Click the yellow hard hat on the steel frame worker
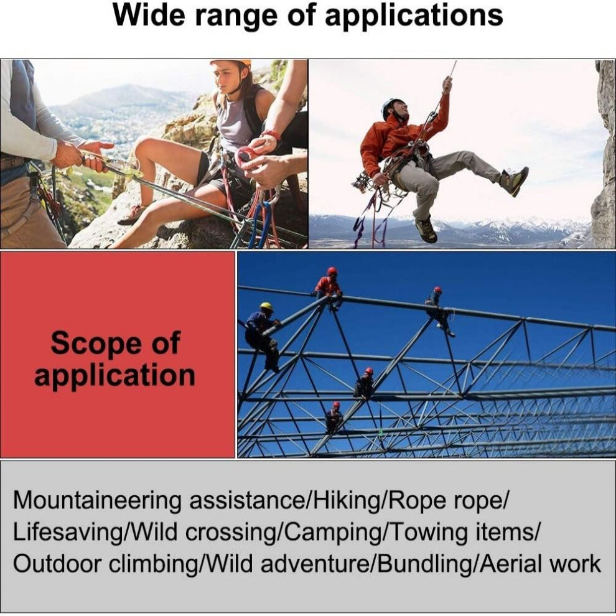[x=266, y=306]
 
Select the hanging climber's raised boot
[x=515, y=181]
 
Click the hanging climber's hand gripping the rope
[x=447, y=84]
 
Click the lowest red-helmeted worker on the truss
[x=334, y=418]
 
